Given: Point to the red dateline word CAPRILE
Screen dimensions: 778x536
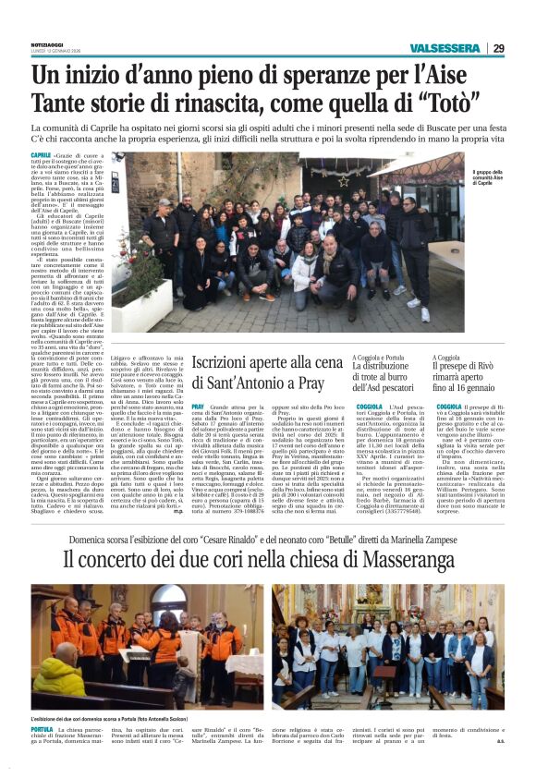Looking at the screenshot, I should [41, 155].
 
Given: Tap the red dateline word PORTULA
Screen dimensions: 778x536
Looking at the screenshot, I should [42, 730].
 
